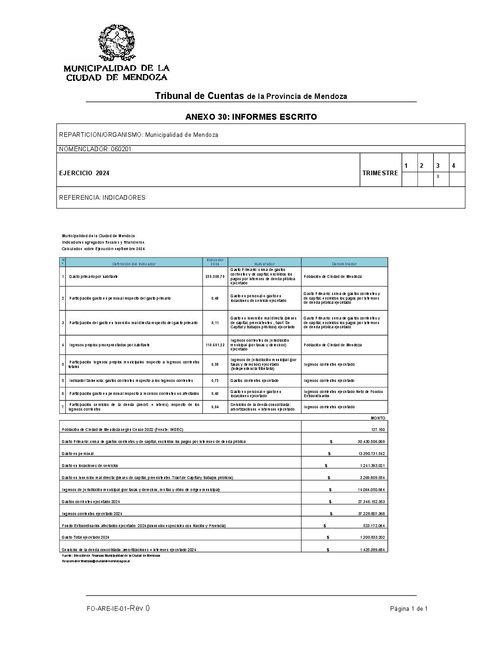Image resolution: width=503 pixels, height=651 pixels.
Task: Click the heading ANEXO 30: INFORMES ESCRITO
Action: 251,117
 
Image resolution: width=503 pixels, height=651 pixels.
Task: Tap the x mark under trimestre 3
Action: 438,177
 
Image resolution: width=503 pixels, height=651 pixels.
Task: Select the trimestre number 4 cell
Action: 454,166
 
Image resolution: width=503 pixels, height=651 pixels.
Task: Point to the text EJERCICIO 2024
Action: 84,173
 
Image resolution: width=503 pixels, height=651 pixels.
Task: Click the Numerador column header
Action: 264,264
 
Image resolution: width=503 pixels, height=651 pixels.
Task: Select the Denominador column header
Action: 344,264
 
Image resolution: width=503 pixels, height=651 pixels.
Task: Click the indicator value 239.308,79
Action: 215,276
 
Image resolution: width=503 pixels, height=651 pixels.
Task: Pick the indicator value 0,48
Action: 215,298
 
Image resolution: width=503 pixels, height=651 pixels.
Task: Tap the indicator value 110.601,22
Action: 215,345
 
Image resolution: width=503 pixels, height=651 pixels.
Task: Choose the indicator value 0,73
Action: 215,381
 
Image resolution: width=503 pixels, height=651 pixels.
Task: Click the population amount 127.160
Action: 378,430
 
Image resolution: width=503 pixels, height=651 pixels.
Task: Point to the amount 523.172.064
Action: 374,526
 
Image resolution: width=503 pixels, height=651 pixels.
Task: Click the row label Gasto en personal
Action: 78,454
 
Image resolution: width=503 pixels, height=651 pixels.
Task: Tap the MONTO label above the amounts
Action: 378,418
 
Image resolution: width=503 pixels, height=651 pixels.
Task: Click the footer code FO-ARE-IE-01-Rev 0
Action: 118,608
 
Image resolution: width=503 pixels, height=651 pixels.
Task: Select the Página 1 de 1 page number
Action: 409,609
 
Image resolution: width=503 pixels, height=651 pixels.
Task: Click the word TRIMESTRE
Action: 380,173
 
